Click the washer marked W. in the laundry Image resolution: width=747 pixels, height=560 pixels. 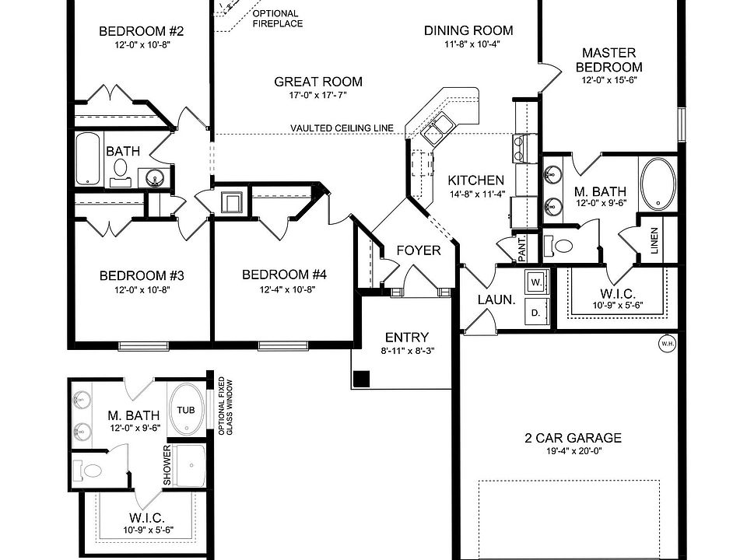coord(537,280)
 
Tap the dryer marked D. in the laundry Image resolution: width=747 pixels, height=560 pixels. coord(536,312)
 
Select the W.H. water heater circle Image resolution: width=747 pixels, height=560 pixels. coord(667,343)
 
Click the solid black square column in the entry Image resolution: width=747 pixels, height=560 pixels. coord(361,379)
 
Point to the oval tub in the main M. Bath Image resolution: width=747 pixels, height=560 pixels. coord(658,184)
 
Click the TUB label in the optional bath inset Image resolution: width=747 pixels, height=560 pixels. coord(185,410)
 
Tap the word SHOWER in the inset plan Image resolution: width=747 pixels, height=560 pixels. coord(167,465)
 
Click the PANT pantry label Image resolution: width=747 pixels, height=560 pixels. coord(522,249)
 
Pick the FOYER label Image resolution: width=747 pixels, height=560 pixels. coord(419,250)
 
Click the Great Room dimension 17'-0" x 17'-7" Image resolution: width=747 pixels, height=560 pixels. coord(318,96)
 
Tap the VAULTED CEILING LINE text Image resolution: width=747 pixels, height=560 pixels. coord(342,128)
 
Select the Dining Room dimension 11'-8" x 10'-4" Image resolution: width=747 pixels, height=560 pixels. coord(468,44)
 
